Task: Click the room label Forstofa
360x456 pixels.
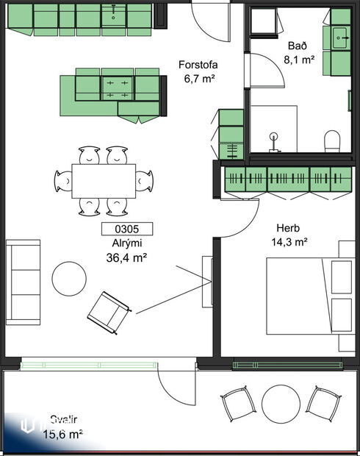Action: [x=198, y=65]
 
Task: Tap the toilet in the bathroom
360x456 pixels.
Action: [x=333, y=140]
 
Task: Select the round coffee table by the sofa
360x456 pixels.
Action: [x=70, y=279]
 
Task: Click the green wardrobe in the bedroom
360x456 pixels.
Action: [x=287, y=179]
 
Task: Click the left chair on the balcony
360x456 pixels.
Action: [x=237, y=403]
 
